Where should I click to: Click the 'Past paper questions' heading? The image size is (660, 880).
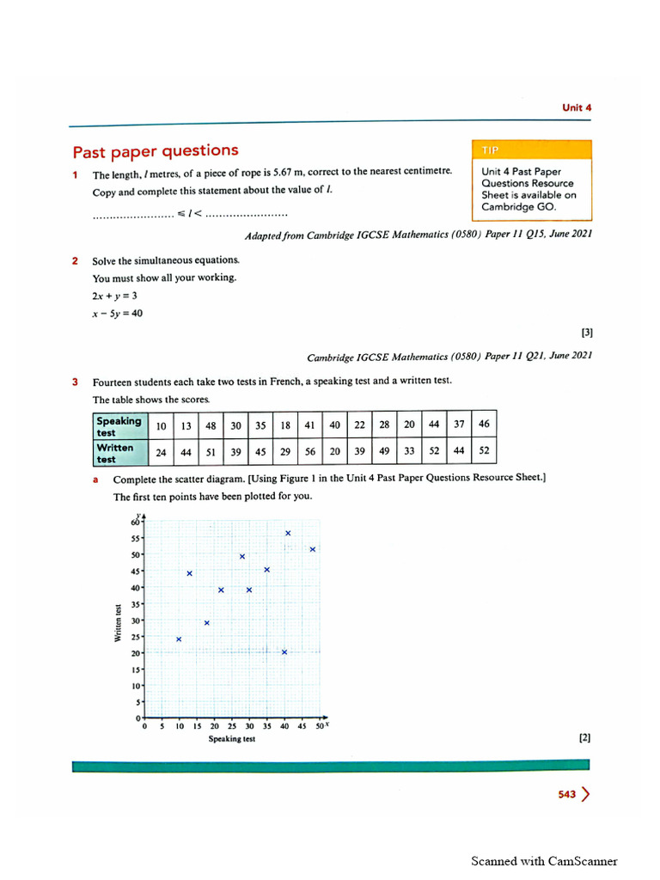click(156, 151)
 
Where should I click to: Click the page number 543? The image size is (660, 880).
click(565, 795)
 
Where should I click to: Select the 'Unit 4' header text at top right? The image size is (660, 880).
click(577, 107)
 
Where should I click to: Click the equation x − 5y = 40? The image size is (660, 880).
click(118, 314)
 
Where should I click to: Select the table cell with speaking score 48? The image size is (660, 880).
click(211, 425)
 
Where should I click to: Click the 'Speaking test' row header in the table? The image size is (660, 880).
click(119, 425)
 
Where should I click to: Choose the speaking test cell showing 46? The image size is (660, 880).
click(484, 425)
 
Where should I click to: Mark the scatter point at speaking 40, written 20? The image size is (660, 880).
click(284, 652)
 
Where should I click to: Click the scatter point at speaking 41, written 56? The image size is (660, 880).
click(288, 534)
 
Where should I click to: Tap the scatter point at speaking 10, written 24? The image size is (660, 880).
click(179, 639)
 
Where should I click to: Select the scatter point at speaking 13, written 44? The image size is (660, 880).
click(189, 573)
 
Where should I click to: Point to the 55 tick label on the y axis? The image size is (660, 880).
click(136, 538)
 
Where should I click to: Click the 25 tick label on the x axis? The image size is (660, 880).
click(232, 726)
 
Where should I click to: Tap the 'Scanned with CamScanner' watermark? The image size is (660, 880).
click(543, 861)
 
